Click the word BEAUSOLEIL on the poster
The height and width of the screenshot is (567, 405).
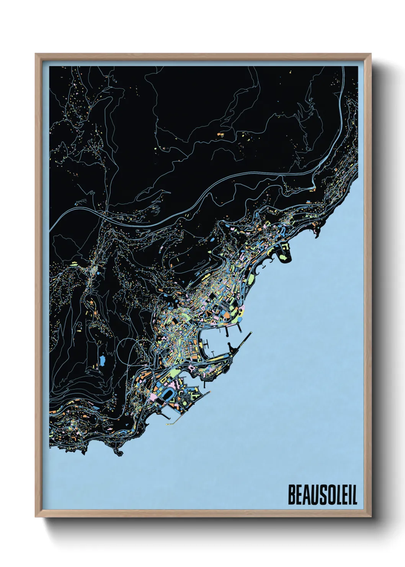coord(322,495)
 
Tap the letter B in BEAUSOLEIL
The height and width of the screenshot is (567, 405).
coord(291,495)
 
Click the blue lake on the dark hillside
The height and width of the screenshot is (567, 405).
coord(102,360)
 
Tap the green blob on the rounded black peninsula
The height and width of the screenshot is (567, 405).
coord(284,258)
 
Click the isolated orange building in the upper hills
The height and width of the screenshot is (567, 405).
coord(220,134)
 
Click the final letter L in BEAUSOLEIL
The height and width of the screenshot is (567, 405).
coord(354,495)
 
